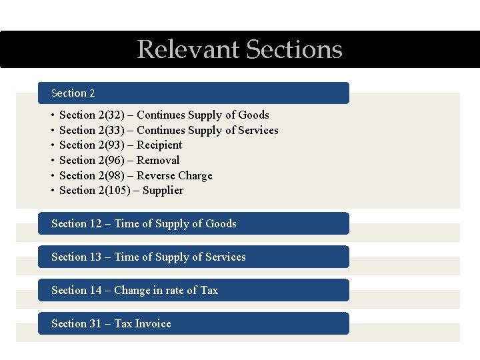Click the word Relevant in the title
(187, 50)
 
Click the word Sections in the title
(294, 50)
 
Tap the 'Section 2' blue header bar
(193, 93)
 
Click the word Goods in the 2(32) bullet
(253, 115)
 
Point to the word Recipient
(159, 145)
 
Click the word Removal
(158, 160)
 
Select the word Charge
(195, 175)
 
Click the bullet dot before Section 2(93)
(53, 145)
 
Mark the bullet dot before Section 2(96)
(53, 161)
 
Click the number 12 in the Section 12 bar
(95, 224)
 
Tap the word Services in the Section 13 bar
(225, 257)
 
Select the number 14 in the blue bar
(95, 291)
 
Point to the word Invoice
(153, 324)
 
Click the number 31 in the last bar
(95, 324)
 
